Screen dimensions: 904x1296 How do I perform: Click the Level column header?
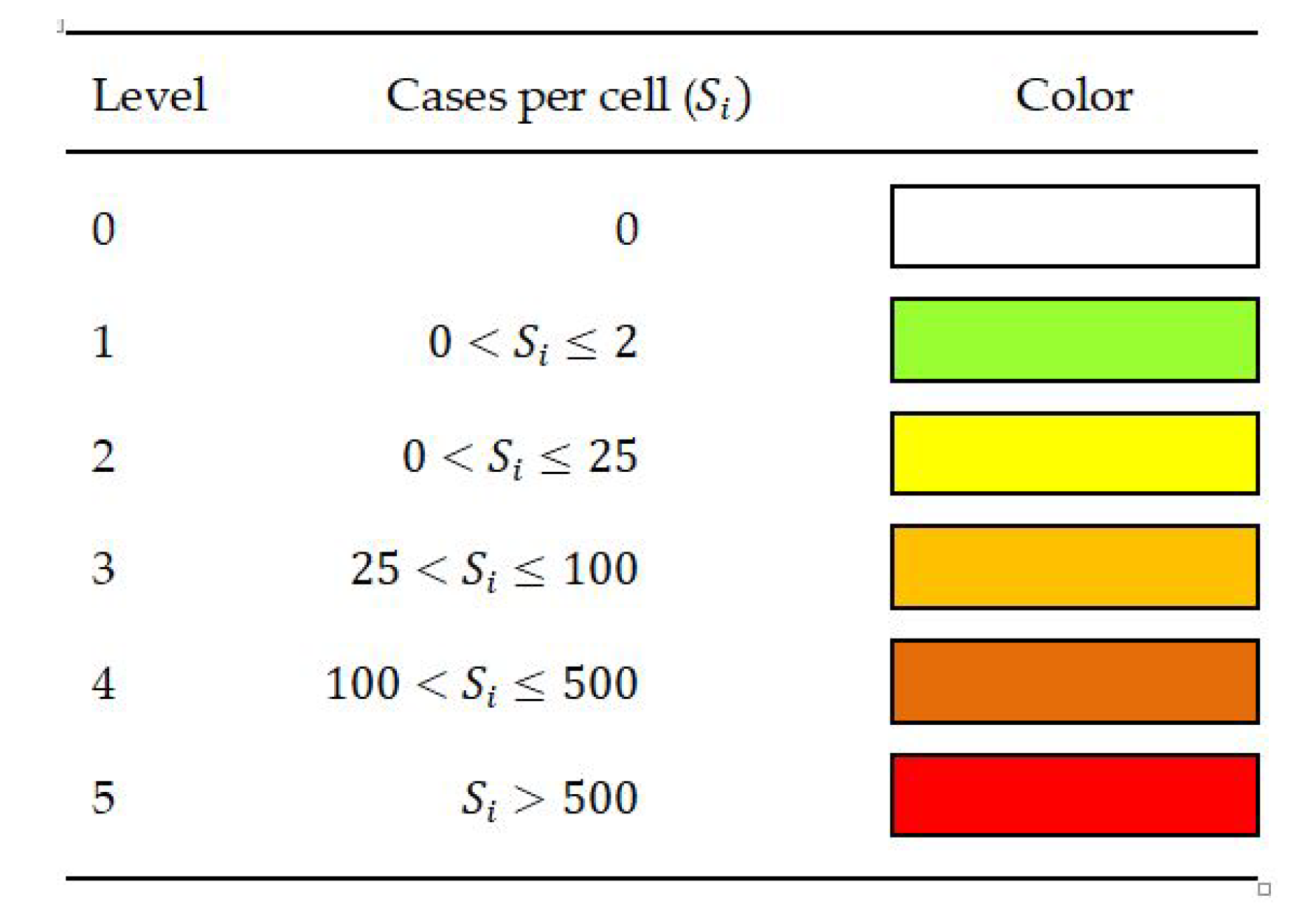click(149, 96)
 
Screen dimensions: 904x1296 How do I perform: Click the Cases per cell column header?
click(568, 97)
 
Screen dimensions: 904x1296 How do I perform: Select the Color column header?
click(1073, 96)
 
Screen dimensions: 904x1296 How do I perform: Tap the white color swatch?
click(1073, 226)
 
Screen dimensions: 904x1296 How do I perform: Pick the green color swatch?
click(1073, 340)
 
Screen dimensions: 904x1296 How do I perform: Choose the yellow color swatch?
click(1073, 453)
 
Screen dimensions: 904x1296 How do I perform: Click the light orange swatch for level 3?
click(1073, 567)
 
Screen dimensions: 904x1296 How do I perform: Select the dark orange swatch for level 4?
click(1073, 681)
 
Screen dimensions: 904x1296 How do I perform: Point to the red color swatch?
click(1073, 795)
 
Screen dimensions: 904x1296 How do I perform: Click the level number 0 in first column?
click(103, 229)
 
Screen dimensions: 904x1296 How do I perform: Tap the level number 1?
click(103, 342)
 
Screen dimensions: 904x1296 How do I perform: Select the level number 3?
click(103, 569)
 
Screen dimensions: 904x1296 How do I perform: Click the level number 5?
click(103, 798)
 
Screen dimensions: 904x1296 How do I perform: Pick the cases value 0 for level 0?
click(626, 229)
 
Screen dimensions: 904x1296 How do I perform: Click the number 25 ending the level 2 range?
click(612, 456)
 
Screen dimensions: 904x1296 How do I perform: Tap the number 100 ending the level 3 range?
click(600, 569)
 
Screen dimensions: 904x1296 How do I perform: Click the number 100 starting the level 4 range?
click(362, 683)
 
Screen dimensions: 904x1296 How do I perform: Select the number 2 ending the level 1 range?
click(626, 342)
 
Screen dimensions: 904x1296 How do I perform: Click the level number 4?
click(103, 684)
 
